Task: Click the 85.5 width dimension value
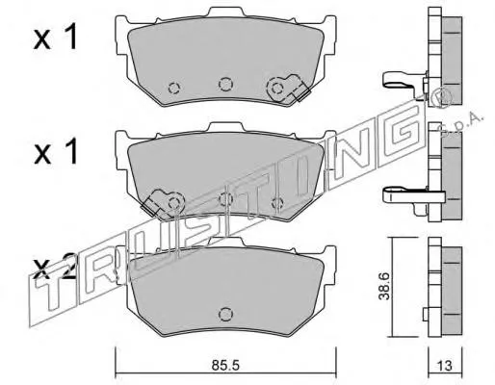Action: [x=225, y=366]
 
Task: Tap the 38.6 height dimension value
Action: [x=383, y=286]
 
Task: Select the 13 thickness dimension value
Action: [x=445, y=366]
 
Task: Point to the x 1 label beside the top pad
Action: [x=55, y=38]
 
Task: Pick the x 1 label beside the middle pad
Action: [x=55, y=151]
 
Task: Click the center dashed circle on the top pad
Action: [x=225, y=84]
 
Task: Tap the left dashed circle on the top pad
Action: [x=174, y=88]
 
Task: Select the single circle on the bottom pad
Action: [x=225, y=314]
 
